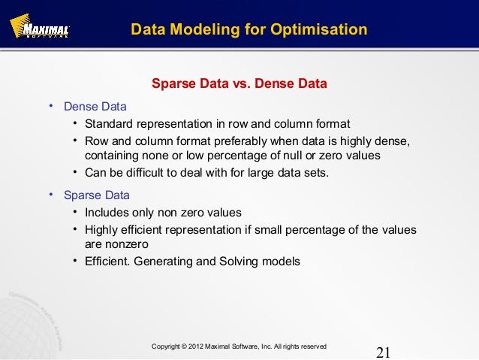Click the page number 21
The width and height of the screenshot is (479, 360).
coord(384,352)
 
